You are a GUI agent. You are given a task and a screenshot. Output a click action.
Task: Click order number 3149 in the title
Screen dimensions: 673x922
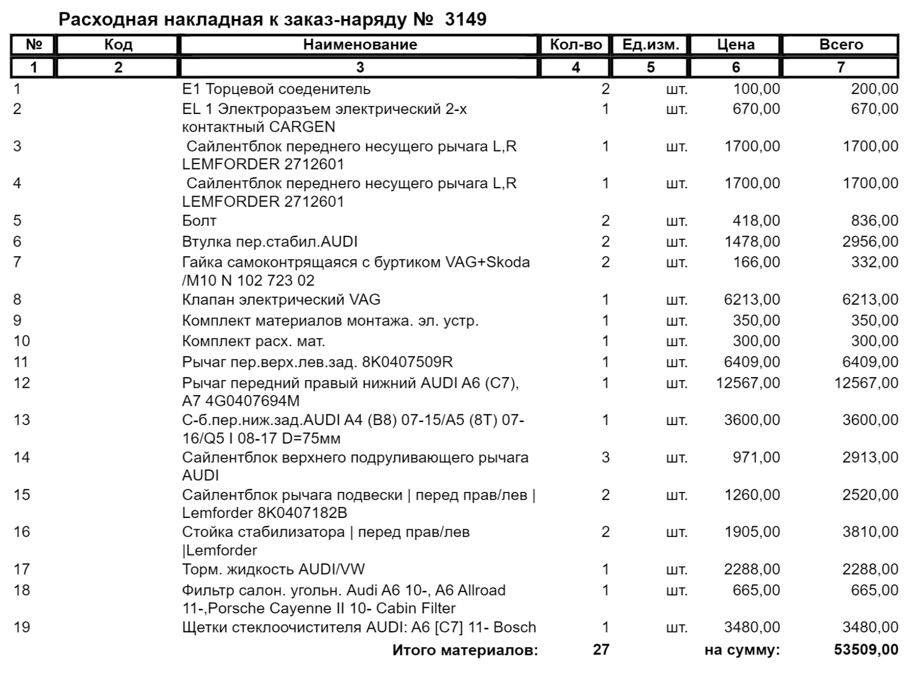pyautogui.click(x=466, y=20)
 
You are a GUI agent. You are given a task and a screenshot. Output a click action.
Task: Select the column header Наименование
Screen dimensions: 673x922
pyautogui.click(x=360, y=45)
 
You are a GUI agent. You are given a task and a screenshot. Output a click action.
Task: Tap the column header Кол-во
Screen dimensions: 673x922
pyautogui.click(x=576, y=45)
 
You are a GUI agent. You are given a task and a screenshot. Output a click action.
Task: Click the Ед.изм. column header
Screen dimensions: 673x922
pyautogui.click(x=651, y=45)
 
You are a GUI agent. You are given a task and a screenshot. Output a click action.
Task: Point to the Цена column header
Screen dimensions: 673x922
pyautogui.click(x=736, y=45)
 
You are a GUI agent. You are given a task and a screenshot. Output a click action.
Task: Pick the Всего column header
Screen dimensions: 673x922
pyautogui.click(x=841, y=45)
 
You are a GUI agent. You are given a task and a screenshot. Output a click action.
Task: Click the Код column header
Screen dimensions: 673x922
pyautogui.click(x=118, y=45)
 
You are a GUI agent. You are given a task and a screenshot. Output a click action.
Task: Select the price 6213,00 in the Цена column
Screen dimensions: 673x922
pyautogui.click(x=752, y=299)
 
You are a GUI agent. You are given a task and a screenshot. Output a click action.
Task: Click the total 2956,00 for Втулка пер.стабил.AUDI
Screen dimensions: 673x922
pyautogui.click(x=870, y=241)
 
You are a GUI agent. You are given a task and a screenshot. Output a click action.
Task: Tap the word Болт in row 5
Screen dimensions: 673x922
pyautogui.click(x=199, y=221)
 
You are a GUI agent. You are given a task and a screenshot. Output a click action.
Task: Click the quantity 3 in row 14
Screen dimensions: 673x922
pyautogui.click(x=605, y=457)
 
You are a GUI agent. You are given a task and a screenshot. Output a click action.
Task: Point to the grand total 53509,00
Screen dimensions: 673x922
pyautogui.click(x=866, y=650)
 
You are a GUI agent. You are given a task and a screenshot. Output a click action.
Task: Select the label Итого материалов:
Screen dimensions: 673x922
pyautogui.click(x=465, y=650)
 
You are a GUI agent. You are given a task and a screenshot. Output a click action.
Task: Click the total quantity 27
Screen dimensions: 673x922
pyautogui.click(x=601, y=650)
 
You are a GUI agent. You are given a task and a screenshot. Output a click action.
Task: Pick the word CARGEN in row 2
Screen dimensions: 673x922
pyautogui.click(x=302, y=127)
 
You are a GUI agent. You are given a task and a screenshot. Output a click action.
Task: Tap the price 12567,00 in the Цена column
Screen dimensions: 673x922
pyautogui.click(x=748, y=382)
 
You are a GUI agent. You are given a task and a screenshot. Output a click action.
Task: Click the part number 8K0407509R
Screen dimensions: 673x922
pyautogui.click(x=407, y=362)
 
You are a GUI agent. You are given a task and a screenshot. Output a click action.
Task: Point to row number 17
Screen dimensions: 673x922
pyautogui.click(x=22, y=569)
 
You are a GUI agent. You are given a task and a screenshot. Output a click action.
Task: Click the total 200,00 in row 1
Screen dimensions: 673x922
pyautogui.click(x=875, y=89)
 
